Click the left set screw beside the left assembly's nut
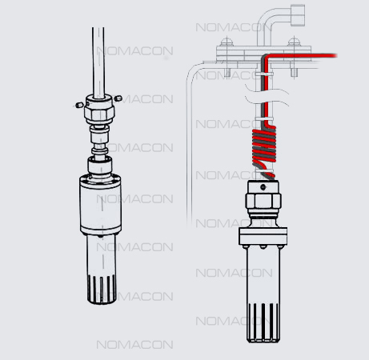(79, 105)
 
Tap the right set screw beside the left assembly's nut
(118, 98)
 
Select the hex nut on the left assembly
(99, 113)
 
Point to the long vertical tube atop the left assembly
(98, 62)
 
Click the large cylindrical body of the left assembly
(101, 205)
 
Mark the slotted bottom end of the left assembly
(102, 290)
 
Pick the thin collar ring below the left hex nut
(100, 151)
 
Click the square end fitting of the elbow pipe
(298, 15)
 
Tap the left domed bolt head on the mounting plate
(227, 42)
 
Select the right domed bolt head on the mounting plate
(294, 42)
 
